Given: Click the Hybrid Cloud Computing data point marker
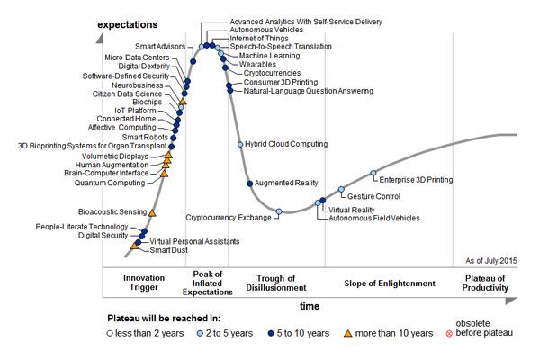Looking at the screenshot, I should (239, 144).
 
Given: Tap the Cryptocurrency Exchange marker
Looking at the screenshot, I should (279, 211).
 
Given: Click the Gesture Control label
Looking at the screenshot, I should (373, 195).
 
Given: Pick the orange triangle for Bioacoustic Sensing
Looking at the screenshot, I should (152, 212).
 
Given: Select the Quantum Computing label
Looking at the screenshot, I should (110, 183).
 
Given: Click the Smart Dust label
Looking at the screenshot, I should (168, 250).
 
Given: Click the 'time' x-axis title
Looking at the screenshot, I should (310, 306).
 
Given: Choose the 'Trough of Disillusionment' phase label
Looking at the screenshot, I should (277, 283).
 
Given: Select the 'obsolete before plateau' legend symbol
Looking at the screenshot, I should (437, 334).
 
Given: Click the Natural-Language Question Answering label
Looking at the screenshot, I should (306, 91).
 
